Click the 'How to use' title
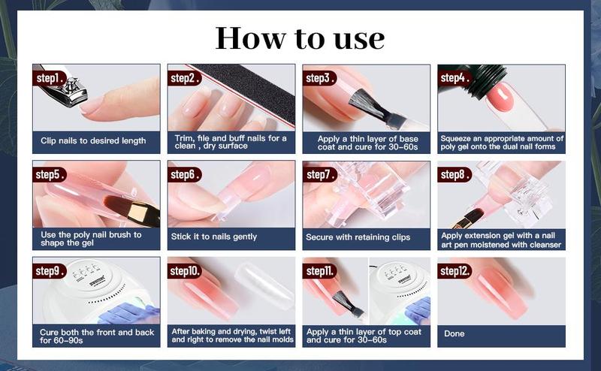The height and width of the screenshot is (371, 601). [x=300, y=38]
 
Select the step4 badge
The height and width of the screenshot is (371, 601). [x=455, y=77]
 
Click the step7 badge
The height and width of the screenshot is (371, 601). [x=322, y=174]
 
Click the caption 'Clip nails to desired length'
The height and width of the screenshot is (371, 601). [x=93, y=140]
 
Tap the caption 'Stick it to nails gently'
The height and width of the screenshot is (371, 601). [x=214, y=237]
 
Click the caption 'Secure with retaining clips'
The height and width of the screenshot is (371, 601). [x=358, y=237]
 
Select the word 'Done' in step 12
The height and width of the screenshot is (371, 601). [x=455, y=333]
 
